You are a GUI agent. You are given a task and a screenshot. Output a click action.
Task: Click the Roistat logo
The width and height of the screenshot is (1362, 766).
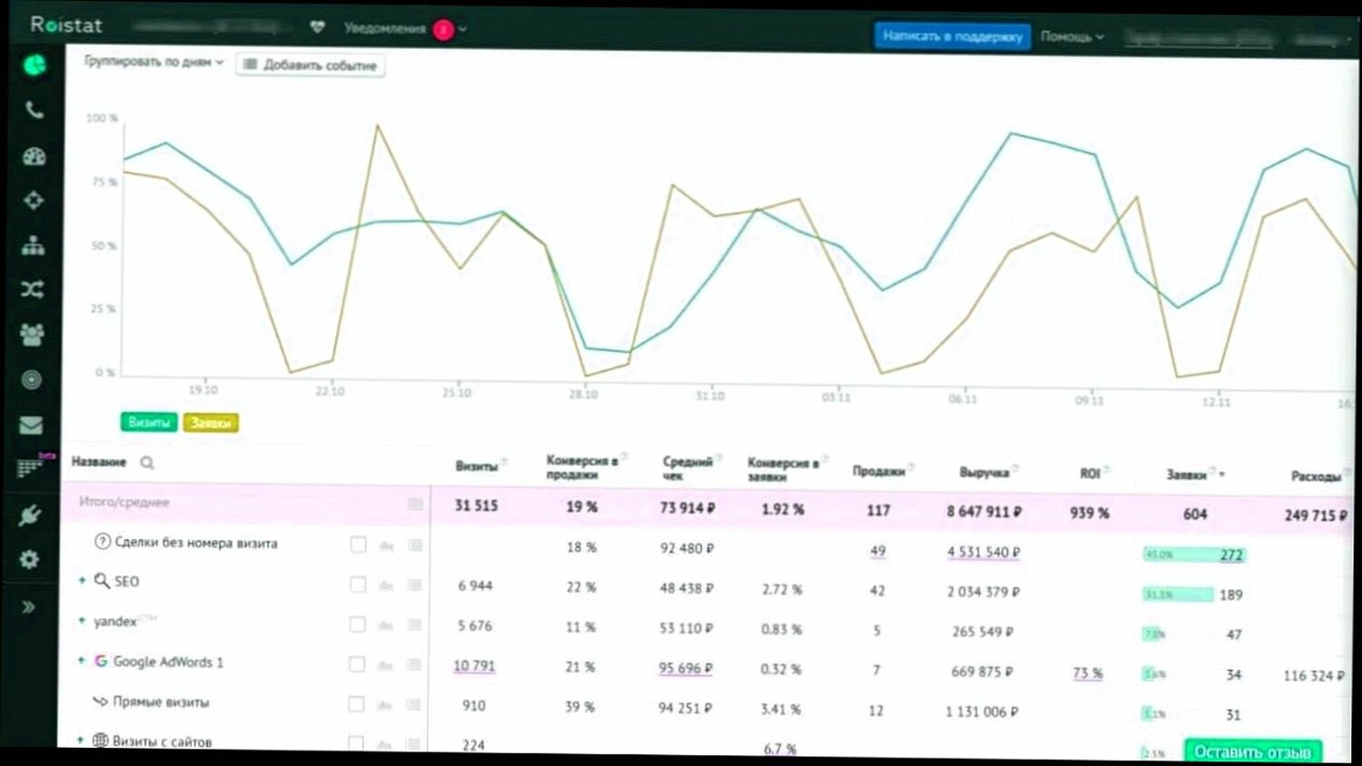(66, 25)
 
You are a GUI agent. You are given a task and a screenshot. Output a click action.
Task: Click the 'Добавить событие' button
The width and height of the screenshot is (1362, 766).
(311, 65)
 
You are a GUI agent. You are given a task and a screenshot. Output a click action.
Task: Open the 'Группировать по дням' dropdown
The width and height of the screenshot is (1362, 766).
(153, 62)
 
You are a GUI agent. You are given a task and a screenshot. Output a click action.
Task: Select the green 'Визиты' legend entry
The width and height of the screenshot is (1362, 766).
(149, 423)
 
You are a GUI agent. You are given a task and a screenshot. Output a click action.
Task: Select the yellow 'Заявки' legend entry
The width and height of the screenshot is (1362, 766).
(211, 423)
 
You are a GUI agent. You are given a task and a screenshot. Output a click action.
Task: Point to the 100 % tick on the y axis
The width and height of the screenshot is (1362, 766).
(102, 119)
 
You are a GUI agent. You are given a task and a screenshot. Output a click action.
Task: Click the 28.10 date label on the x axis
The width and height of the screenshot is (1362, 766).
(583, 395)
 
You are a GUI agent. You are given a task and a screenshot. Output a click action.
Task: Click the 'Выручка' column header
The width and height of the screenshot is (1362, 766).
(983, 473)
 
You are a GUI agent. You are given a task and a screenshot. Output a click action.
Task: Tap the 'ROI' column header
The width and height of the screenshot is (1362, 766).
(1090, 474)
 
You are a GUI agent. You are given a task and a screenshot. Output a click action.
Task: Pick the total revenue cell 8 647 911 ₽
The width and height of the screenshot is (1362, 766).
(983, 512)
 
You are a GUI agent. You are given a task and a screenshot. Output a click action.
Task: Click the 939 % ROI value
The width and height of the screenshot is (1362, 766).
(1090, 513)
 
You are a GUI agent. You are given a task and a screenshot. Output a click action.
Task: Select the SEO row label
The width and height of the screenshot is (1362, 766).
(126, 582)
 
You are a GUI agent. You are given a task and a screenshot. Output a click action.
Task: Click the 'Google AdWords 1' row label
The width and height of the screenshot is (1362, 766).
(168, 662)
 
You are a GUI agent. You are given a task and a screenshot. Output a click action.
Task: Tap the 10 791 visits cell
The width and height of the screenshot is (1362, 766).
(474, 666)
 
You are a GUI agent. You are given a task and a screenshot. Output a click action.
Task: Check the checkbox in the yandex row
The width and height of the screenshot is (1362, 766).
(358, 624)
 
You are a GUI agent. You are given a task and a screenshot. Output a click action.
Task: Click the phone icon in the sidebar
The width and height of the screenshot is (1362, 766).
(34, 111)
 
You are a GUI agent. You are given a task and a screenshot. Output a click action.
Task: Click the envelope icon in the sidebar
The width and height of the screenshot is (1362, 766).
(31, 425)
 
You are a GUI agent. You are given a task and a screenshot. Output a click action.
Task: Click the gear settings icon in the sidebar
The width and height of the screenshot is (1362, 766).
(30, 559)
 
